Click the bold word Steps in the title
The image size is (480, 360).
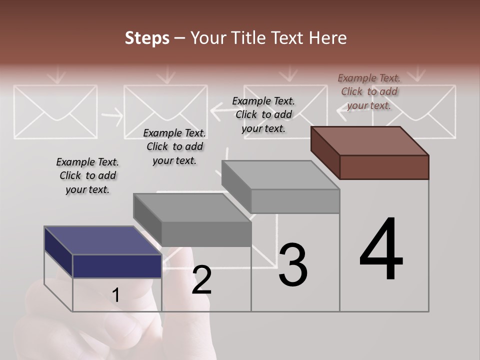tap(147, 38)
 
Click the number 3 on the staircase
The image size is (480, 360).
tap(292, 264)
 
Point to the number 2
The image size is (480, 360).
tap(201, 280)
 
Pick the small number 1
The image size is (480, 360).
tap(115, 295)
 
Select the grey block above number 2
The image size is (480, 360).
tap(192, 220)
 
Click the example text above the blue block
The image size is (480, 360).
tap(87, 175)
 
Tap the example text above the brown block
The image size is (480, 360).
tap(369, 91)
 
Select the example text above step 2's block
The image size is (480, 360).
tap(174, 146)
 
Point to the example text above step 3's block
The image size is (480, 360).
tap(263, 114)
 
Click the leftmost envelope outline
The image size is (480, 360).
tap(55, 111)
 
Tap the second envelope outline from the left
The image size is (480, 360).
tap(165, 111)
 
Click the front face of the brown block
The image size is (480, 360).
tap(384, 167)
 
